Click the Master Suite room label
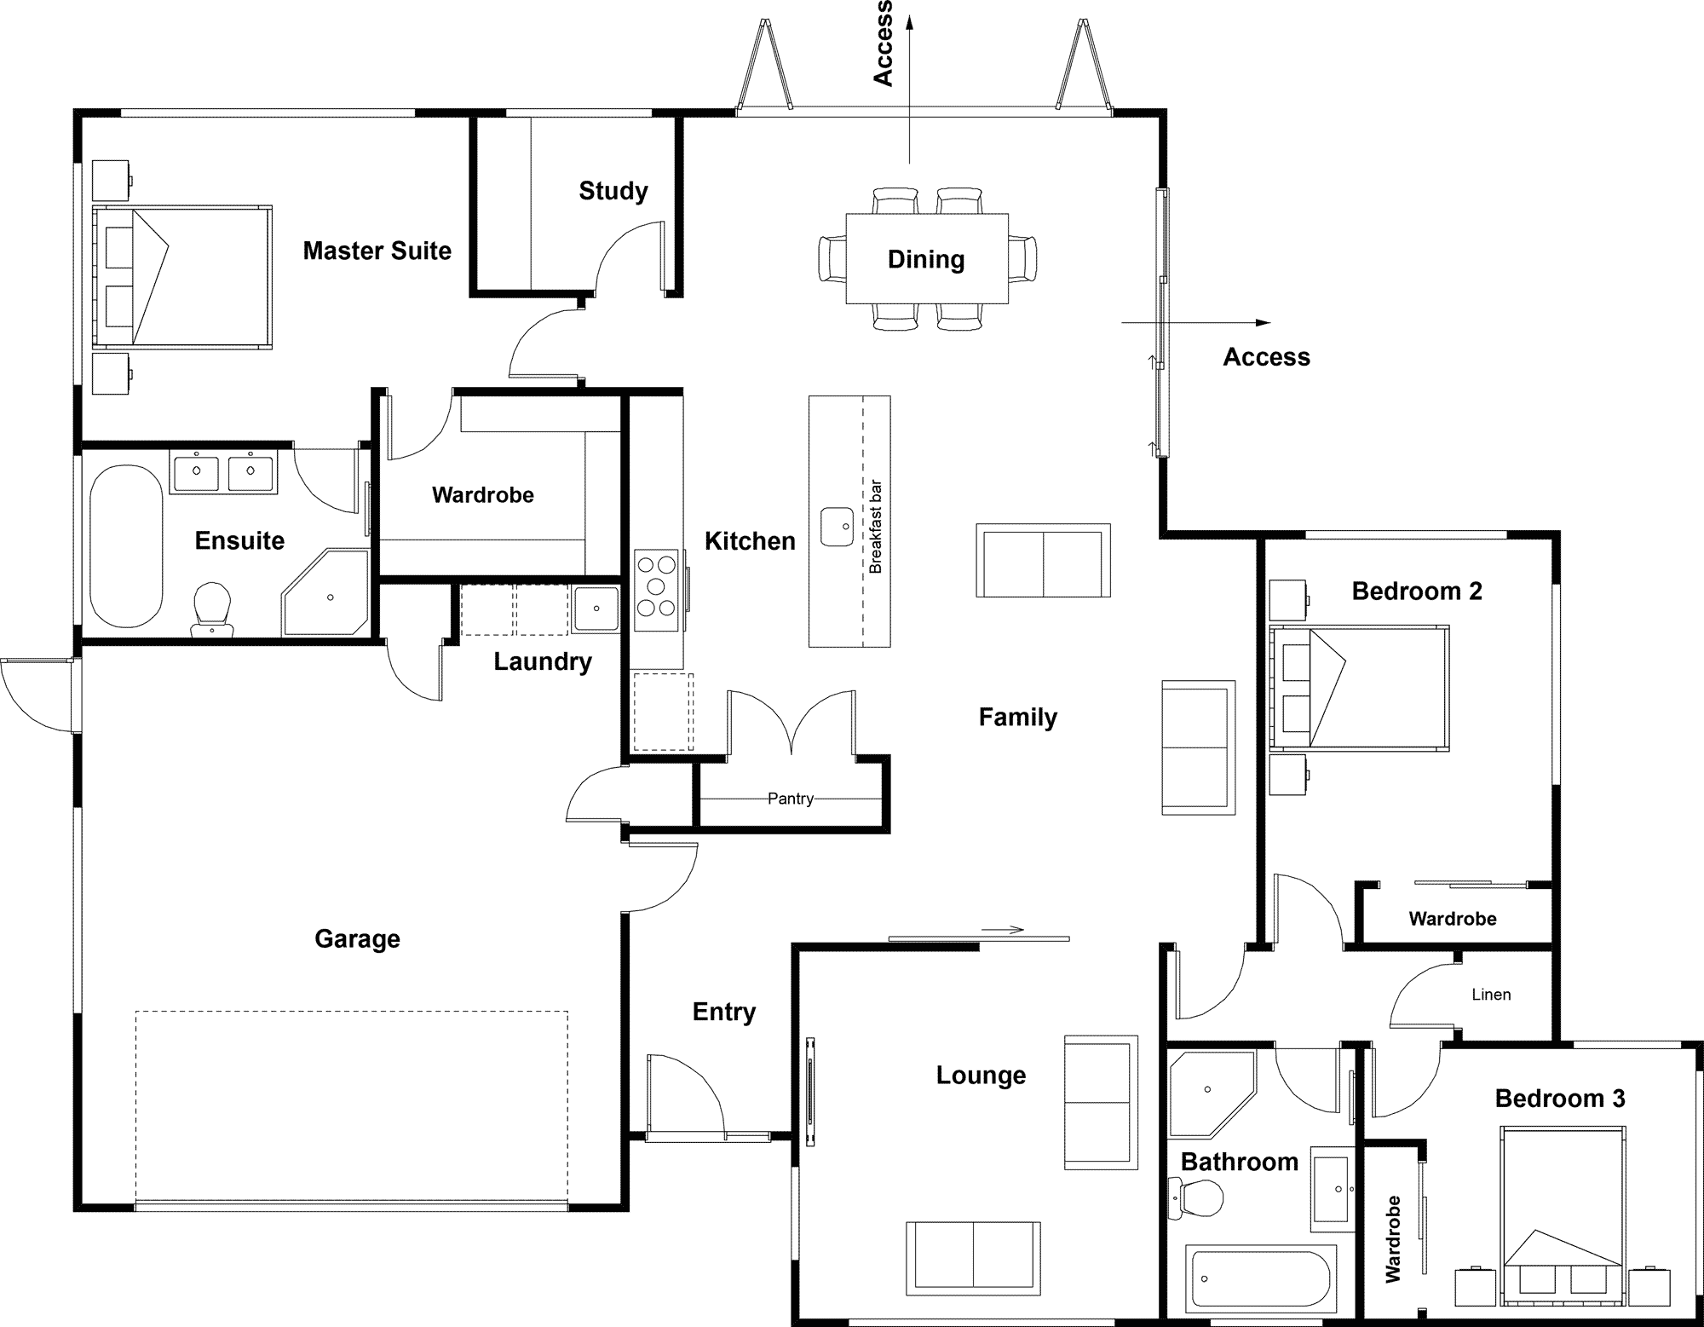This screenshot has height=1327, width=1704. [x=377, y=251]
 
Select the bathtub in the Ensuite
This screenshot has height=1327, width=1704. [x=126, y=545]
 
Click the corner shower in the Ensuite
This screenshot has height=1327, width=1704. [x=326, y=593]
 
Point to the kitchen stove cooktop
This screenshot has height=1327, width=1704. [x=656, y=586]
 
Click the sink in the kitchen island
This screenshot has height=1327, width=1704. [x=837, y=527]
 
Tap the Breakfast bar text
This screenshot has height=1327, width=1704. [x=876, y=527]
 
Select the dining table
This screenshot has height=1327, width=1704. [x=926, y=258]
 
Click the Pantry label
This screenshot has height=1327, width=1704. [x=790, y=799]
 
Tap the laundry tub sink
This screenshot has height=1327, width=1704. [x=596, y=609]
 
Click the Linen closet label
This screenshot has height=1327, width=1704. [x=1491, y=995]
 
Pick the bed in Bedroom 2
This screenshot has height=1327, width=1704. [x=1359, y=689]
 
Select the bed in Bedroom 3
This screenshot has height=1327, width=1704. [x=1562, y=1210]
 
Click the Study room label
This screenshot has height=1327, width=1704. [x=613, y=191]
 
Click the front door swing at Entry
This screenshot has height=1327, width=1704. [x=686, y=1095]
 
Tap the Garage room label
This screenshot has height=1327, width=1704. [x=357, y=938]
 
